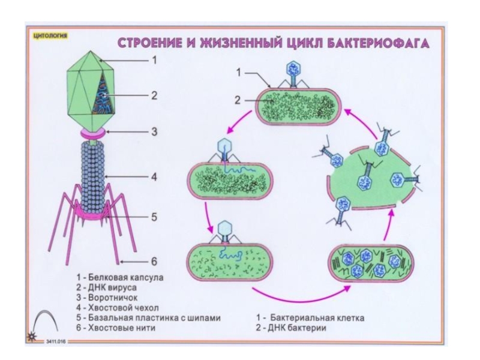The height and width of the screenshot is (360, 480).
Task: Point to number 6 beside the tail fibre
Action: pyautogui.click(x=154, y=261)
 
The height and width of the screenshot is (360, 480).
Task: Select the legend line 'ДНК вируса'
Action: pyautogui.click(x=105, y=287)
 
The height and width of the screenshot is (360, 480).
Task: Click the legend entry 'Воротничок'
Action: pyautogui.click(x=108, y=296)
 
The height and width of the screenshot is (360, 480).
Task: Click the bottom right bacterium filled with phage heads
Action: pyautogui.click(x=372, y=264)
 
